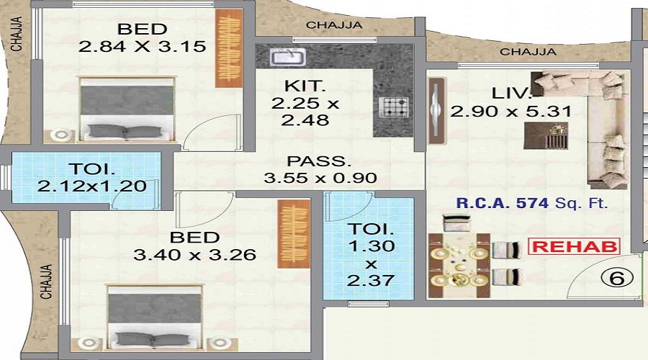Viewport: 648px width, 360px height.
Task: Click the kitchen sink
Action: click(287, 57)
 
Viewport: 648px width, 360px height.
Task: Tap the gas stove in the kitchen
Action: click(393, 107)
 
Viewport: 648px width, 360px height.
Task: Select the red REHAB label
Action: click(575, 246)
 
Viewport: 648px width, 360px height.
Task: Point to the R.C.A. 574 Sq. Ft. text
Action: click(532, 203)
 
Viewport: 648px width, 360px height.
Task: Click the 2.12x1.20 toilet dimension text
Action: click(91, 186)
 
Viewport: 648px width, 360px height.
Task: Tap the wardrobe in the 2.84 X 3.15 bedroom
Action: click(228, 48)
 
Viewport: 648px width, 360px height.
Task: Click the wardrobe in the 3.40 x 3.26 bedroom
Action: click(294, 234)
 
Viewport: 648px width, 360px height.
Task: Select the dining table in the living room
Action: click(459, 266)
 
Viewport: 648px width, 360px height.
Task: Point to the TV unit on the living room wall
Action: click(436, 110)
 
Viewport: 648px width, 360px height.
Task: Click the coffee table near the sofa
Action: click(546, 135)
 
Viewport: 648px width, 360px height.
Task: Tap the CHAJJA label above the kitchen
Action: click(334, 25)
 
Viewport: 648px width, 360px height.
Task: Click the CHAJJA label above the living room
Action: click(528, 52)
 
